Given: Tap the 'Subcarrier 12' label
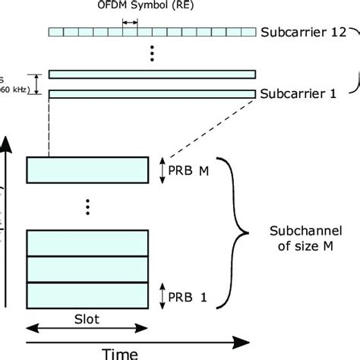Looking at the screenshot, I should (303, 33).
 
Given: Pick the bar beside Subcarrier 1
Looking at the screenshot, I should (152, 93).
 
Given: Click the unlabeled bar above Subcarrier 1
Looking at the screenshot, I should (152, 74).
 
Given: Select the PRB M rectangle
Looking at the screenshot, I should (88, 169).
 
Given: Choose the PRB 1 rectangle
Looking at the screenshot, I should (88, 293).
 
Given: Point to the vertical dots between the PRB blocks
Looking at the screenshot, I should (88, 206).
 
